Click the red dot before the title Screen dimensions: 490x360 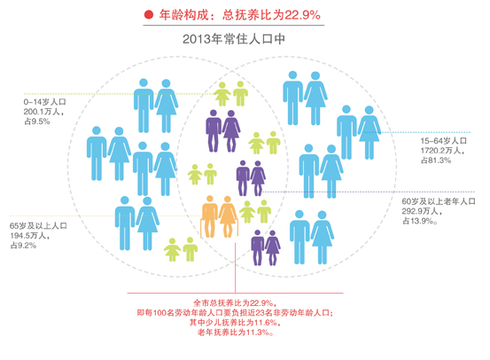pos(149,15)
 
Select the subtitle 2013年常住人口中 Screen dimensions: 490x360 pos(234,39)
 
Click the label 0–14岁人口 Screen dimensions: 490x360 pos(44,102)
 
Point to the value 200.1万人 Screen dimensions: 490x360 pos(43,112)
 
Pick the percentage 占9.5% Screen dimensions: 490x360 pos(37,121)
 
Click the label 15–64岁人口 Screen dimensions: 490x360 pos(443,141)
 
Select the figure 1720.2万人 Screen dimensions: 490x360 pos(442,151)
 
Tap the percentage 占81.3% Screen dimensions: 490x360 pos(436,160)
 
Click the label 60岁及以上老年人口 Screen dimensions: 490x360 pos(439,201)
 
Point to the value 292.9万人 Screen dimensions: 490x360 pos(422,211)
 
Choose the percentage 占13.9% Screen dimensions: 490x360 pos(419,221)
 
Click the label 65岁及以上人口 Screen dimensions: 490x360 pos(38,226)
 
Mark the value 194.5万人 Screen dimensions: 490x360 pos(30,236)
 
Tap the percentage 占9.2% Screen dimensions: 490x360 pos(23,246)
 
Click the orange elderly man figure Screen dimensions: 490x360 pos(209,216)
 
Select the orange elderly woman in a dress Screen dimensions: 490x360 pos(228,216)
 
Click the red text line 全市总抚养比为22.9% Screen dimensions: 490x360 pos(235,302)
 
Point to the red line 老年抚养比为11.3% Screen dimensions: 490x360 pos(235,333)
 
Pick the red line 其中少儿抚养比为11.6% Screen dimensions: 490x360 pos(235,323)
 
